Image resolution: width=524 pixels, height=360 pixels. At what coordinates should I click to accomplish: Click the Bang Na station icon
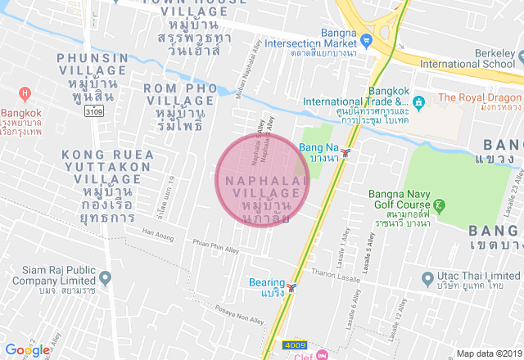pos(348,152)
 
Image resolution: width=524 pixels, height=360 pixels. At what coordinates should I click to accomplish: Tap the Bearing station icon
pos(292,288)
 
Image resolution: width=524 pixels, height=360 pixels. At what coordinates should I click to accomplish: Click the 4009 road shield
pos(294,345)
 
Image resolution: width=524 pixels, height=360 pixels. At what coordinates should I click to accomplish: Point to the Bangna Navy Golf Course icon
pos(440,205)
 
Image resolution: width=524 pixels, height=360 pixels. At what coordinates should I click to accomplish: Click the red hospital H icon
pos(24,94)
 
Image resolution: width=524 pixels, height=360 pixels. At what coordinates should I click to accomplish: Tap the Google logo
pos(27,349)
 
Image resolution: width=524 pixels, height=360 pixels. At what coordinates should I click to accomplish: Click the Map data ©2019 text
pos(488,353)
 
